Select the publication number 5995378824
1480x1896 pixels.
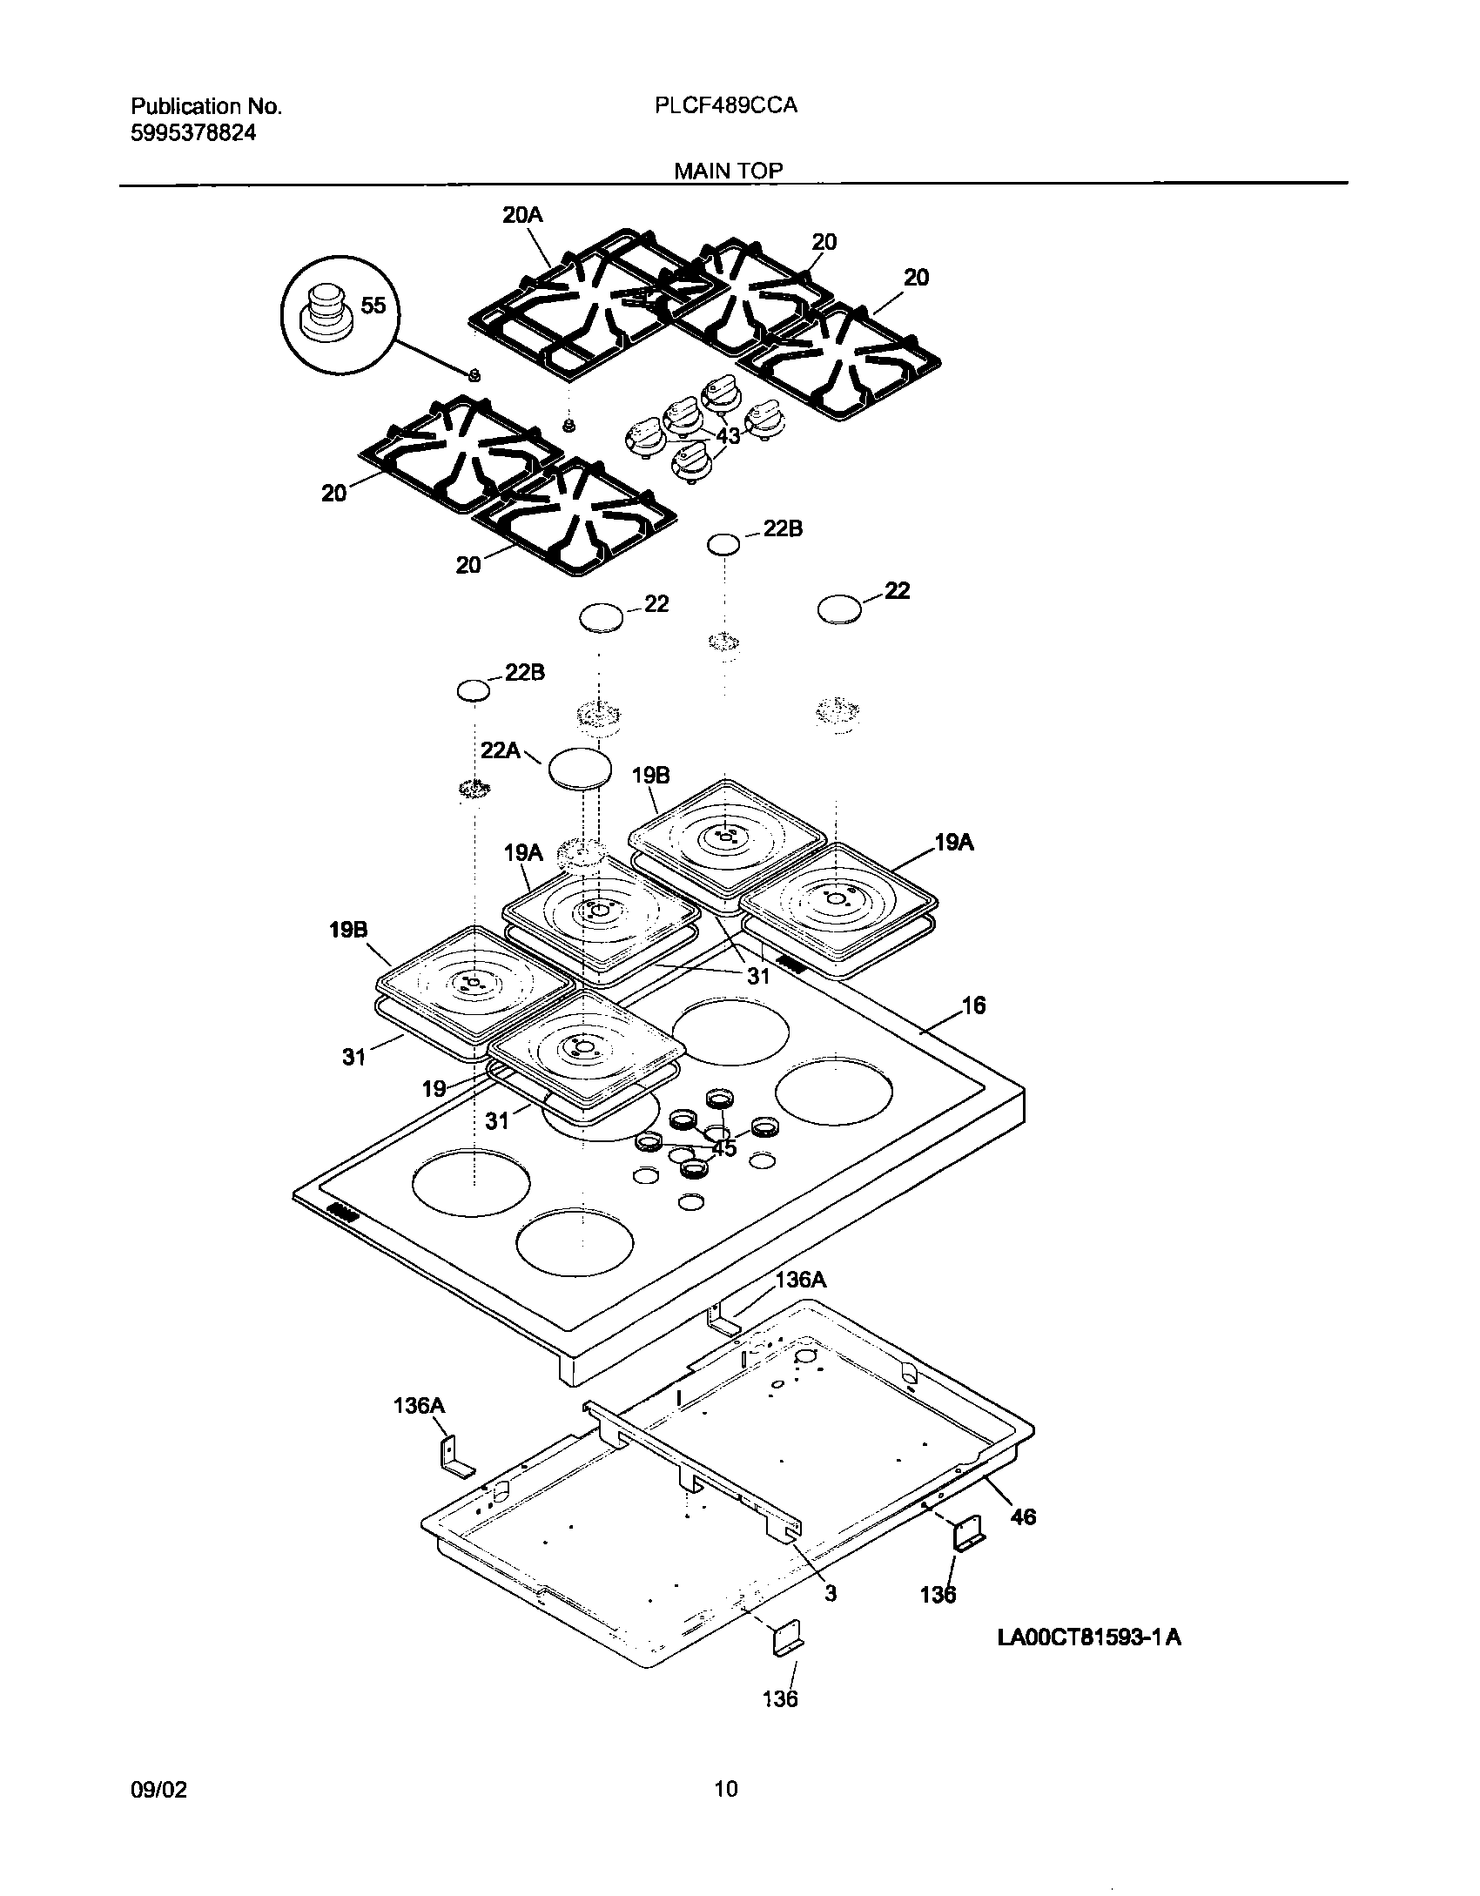pyautogui.click(x=193, y=133)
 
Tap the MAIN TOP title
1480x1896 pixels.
pyautogui.click(x=729, y=171)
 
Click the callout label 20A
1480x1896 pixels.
pyautogui.click(x=522, y=214)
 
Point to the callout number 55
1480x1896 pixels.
pyautogui.click(x=373, y=305)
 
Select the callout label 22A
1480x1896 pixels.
pyautogui.click(x=500, y=750)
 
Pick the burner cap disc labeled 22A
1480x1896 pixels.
pyautogui.click(x=579, y=770)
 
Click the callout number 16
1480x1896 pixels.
pyautogui.click(x=973, y=1005)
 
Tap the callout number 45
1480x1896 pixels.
pyautogui.click(x=724, y=1148)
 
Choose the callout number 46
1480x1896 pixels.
pyautogui.click(x=1023, y=1516)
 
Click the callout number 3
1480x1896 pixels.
pyautogui.click(x=830, y=1592)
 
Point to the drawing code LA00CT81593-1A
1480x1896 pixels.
pyautogui.click(x=1089, y=1637)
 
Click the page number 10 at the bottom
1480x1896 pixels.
pyautogui.click(x=726, y=1789)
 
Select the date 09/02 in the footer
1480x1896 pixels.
pyautogui.click(x=158, y=1789)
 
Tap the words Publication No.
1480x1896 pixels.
pyautogui.click(x=206, y=106)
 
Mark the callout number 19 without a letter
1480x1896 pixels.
pyautogui.click(x=434, y=1087)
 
